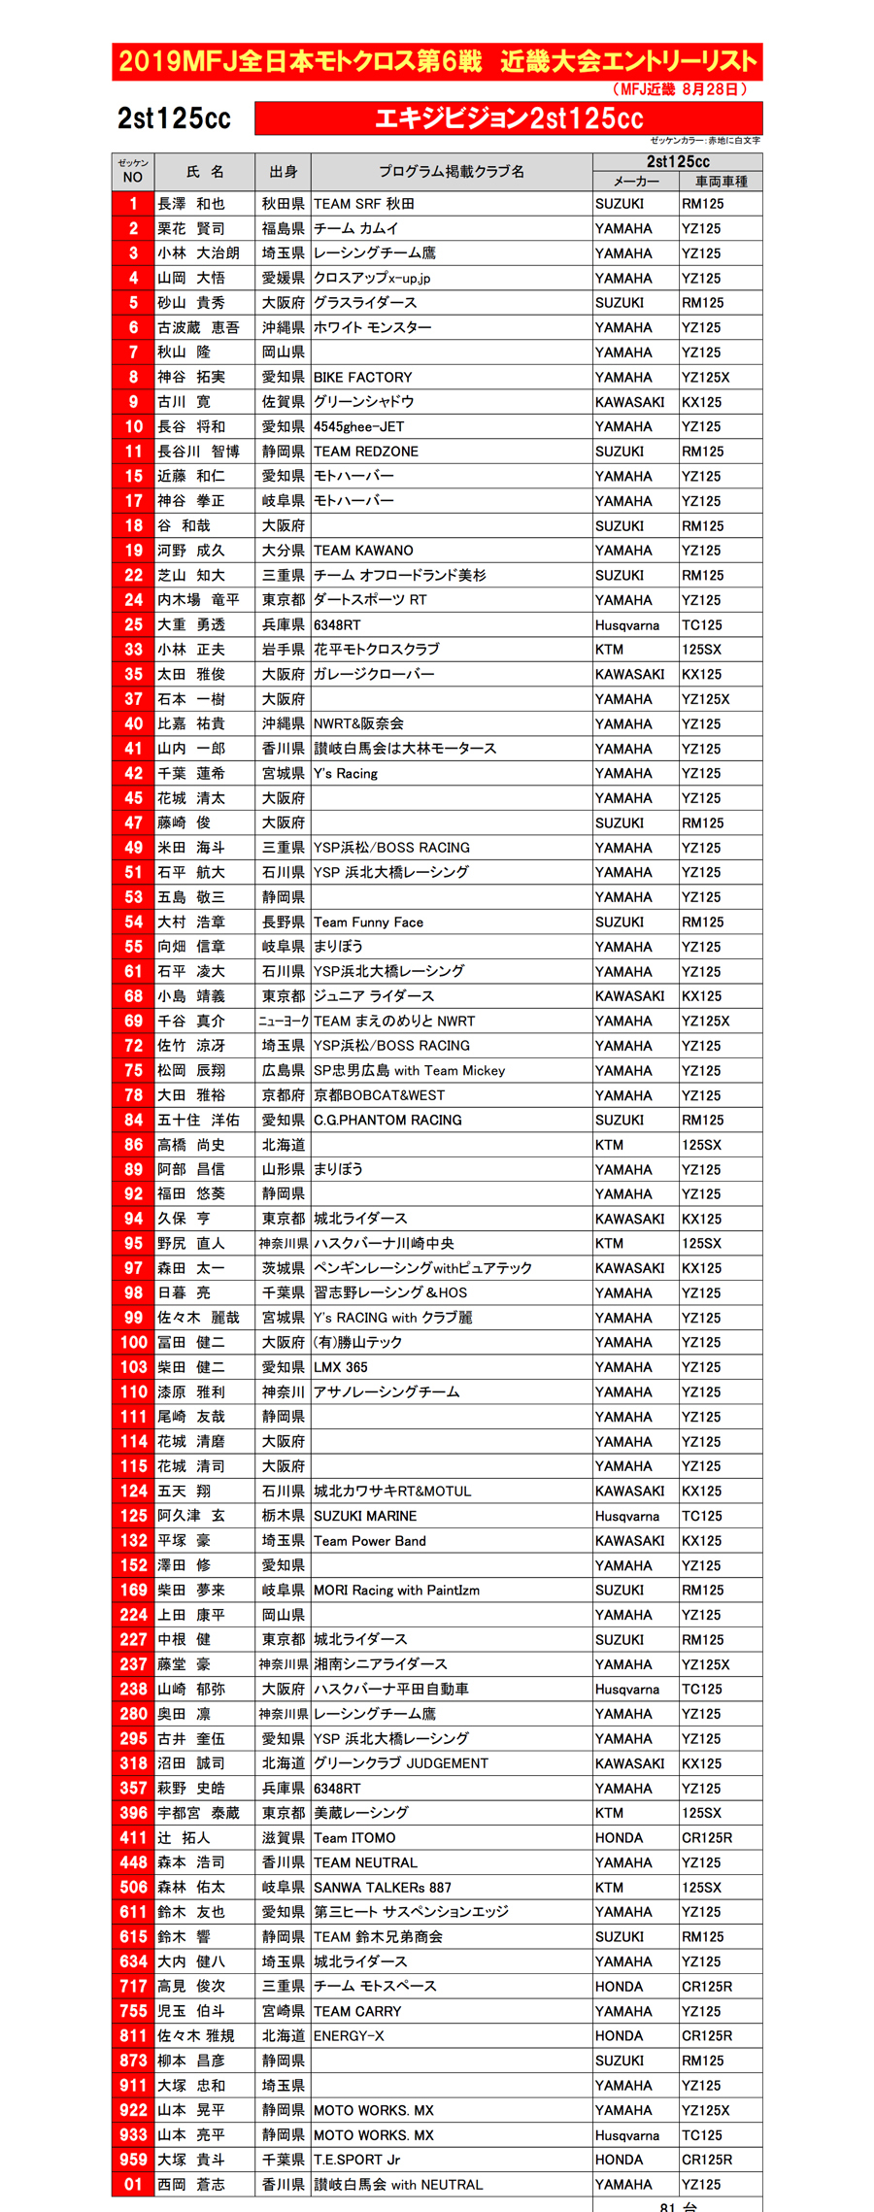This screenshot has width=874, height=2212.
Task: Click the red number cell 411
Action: click(x=133, y=1837)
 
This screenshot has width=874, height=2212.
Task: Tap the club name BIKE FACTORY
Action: click(x=363, y=377)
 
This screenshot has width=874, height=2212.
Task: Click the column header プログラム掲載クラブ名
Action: click(x=452, y=172)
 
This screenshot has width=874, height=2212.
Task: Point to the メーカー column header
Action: click(x=636, y=182)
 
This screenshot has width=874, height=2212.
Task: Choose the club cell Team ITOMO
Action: click(x=354, y=1837)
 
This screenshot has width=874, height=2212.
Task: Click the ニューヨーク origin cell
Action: click(x=284, y=1021)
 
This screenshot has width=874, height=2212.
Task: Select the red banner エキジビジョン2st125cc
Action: click(x=509, y=118)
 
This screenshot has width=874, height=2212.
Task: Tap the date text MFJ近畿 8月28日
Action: click(x=680, y=89)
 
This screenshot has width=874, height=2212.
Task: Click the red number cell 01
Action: click(x=133, y=2184)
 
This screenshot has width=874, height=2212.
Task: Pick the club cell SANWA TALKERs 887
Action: click(x=383, y=1887)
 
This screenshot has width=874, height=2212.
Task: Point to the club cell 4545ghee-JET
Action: click(x=358, y=426)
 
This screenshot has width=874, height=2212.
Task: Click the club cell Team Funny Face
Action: click(x=368, y=922)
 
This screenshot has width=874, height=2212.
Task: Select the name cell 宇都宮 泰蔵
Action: click(x=198, y=1813)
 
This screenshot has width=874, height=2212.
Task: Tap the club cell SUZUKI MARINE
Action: click(x=365, y=1516)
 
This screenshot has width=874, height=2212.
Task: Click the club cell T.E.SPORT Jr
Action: click(x=356, y=2160)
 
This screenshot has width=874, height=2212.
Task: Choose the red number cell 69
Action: click(x=133, y=1021)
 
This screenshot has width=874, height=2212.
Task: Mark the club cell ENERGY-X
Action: click(x=349, y=2035)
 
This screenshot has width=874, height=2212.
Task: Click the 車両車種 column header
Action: click(x=721, y=182)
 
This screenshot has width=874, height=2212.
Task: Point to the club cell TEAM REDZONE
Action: click(x=366, y=452)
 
